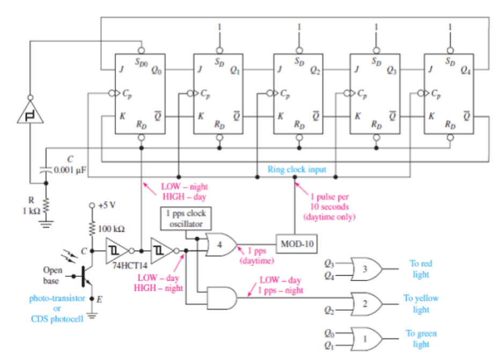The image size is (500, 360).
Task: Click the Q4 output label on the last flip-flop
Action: (x=465, y=70)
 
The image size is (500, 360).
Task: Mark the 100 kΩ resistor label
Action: (x=113, y=229)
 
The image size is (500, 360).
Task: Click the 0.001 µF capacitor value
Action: (x=70, y=170)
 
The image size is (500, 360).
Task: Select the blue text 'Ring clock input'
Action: (x=296, y=170)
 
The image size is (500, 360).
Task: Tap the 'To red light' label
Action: (x=421, y=269)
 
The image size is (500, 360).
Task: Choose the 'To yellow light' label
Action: (x=421, y=304)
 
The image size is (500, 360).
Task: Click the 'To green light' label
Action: (x=421, y=339)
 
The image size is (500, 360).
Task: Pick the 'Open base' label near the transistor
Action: (x=53, y=274)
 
